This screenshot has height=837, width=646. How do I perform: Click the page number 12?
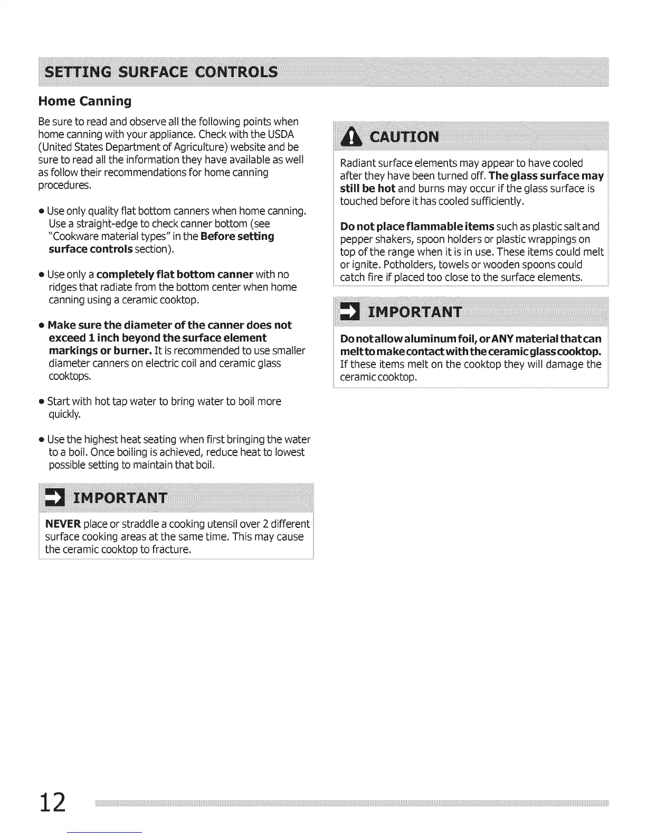52,803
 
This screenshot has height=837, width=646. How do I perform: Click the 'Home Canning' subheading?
84,101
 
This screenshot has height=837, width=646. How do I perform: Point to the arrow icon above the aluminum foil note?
349,311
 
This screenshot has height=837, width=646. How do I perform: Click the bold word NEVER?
63,524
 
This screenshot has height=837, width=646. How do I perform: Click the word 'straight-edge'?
107,224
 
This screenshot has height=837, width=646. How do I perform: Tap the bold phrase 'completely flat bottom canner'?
175,274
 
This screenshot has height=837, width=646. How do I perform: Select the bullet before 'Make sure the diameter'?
41,325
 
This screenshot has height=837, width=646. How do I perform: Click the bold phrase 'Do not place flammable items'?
417,227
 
